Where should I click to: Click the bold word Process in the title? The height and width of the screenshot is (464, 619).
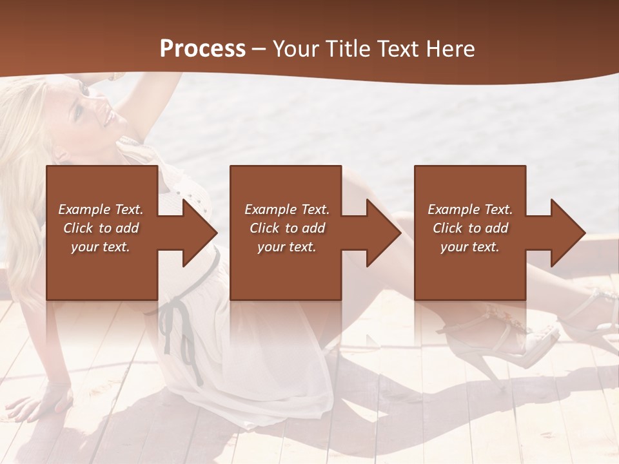coord(202,49)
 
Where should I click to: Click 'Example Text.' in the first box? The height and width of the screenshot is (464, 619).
coord(101,209)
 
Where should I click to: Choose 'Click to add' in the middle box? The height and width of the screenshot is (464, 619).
coord(287,228)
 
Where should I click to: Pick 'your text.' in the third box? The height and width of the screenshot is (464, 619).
coord(469,247)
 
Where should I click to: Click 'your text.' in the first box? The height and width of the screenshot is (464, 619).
coord(101,247)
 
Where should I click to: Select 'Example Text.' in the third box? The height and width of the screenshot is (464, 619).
coord(470,209)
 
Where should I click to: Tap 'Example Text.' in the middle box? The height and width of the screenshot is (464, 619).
coord(287,209)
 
